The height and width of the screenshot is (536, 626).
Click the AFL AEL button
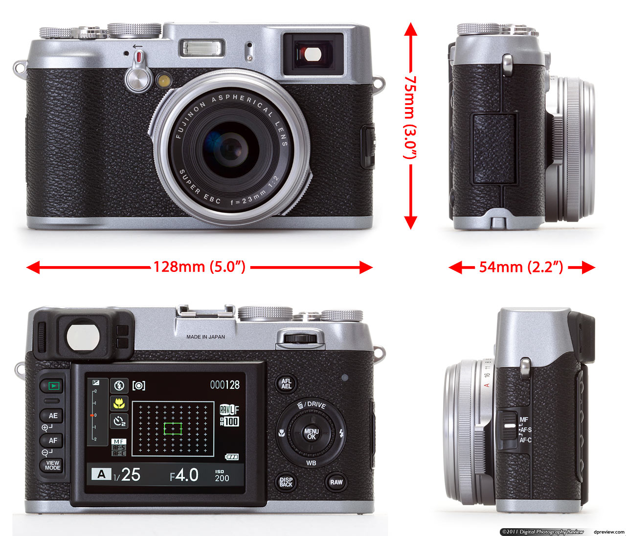286,384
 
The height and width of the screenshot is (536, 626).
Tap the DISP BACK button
286,482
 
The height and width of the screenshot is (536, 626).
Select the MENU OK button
311,434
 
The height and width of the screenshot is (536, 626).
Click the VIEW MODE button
52,465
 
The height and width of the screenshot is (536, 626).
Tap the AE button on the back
53,416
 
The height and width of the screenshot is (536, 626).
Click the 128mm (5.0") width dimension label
199,267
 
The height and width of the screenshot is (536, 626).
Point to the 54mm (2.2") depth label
521,267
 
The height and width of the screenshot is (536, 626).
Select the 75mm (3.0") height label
409,117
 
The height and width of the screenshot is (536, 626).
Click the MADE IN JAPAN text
205,337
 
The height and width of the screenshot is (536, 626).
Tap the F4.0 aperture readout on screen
184,475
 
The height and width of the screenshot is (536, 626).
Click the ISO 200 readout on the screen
222,476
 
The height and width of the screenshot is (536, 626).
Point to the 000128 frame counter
225,385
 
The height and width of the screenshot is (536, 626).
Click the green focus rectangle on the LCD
173,429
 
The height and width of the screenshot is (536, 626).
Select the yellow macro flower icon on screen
118,403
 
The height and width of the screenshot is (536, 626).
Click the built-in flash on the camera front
203,48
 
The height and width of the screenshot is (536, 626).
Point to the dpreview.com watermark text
608,532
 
